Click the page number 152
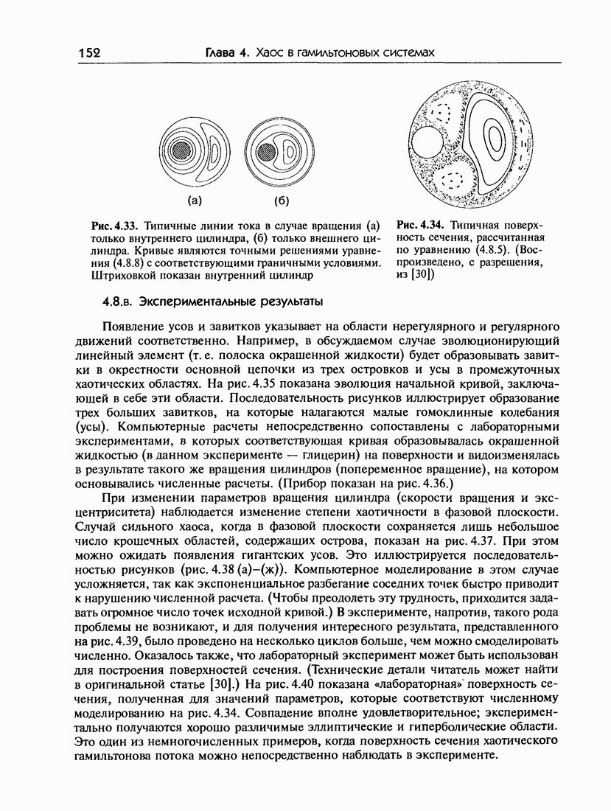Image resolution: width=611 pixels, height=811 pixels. [88, 53]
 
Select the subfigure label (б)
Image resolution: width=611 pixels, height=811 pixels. [282, 201]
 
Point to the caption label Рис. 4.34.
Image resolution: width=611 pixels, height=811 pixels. [420, 225]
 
